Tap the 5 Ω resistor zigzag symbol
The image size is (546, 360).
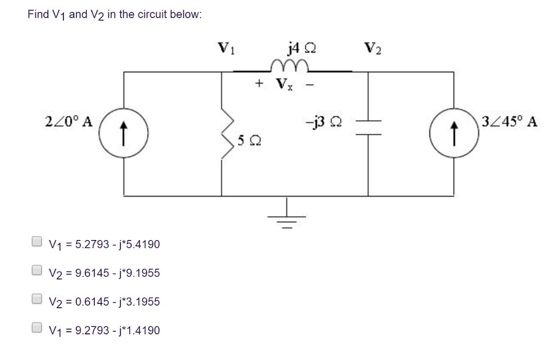coord(222,133)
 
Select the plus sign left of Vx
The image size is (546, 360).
coord(259,84)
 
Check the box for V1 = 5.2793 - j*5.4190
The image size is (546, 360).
coord(37,242)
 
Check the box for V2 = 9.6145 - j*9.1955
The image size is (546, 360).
coord(37,271)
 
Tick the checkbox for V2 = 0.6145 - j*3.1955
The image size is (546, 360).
coord(37,300)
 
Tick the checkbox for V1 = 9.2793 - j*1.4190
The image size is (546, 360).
coord(37,329)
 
